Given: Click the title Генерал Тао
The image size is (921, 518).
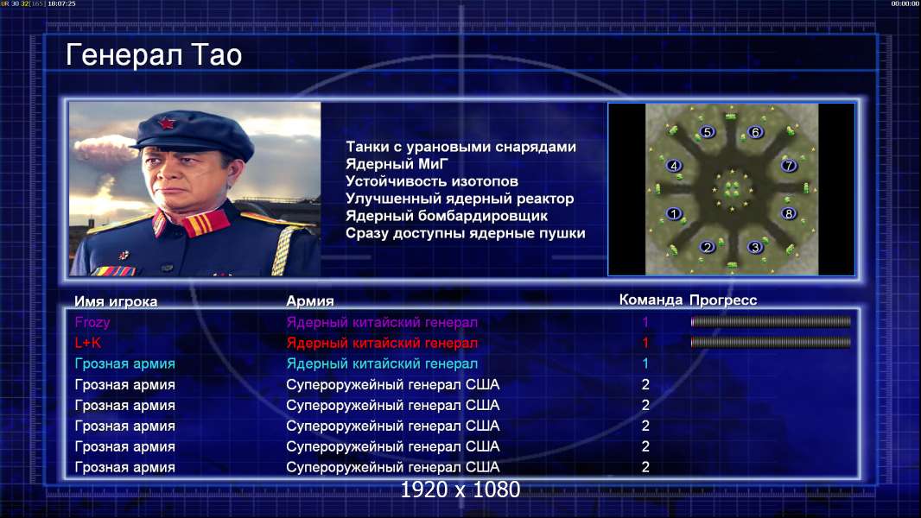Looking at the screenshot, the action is tap(154, 55).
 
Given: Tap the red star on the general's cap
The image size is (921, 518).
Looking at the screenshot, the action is tap(166, 123).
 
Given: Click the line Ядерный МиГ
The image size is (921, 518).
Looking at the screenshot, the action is tap(397, 164).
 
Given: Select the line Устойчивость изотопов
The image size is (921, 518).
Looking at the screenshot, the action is tap(432, 181).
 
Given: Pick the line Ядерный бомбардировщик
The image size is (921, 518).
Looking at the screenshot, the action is tap(447, 216).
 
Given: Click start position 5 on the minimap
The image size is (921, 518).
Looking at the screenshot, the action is tap(708, 132).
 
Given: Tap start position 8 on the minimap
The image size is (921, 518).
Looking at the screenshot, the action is tap(789, 213).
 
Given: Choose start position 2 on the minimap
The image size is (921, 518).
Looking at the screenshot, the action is tap(708, 247).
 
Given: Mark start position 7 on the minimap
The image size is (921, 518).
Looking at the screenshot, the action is tap(789, 166).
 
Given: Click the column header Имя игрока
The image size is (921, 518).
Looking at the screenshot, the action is tap(116, 301).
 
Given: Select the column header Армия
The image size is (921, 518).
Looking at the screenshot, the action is tap(310, 301).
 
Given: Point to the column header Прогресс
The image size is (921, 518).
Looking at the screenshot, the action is tap(723, 300).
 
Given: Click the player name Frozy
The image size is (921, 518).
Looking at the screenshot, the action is tap(92, 322).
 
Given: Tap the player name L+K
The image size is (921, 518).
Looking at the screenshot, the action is tap(87, 343).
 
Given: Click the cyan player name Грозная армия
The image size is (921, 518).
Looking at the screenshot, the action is tap(125, 363).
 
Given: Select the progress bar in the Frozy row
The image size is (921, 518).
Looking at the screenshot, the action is tap(771, 321).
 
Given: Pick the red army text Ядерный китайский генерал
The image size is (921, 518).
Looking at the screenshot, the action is tap(382, 343).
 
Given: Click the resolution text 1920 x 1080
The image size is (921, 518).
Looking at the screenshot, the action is tap(460, 490).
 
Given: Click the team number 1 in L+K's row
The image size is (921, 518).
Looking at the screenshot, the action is tap(645, 343).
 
